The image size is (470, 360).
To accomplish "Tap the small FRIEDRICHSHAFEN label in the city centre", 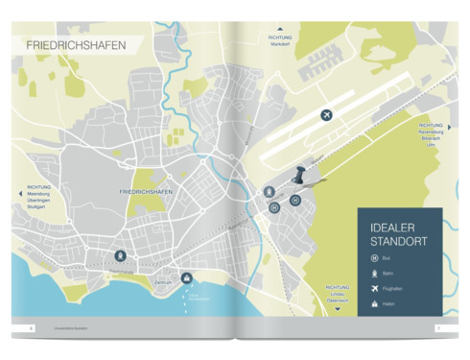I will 145,192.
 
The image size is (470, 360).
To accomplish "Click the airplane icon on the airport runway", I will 327,115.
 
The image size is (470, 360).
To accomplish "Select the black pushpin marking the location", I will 299,177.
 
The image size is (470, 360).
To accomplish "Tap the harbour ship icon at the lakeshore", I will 187,278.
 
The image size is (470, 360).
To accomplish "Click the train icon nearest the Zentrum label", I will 120,255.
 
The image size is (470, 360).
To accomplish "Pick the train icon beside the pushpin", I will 270,192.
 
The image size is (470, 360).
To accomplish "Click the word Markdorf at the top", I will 280,44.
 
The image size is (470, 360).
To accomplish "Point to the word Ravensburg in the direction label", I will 431,132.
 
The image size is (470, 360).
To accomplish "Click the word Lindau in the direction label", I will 337,294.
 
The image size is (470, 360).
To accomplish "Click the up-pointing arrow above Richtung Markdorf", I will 280,29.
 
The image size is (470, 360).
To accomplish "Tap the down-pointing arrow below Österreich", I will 337,307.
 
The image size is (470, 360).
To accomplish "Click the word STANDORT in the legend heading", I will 398,241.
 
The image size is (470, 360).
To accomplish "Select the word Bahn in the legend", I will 388,274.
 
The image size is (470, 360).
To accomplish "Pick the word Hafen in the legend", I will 388,304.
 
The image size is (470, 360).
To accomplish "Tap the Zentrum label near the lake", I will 163,282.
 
